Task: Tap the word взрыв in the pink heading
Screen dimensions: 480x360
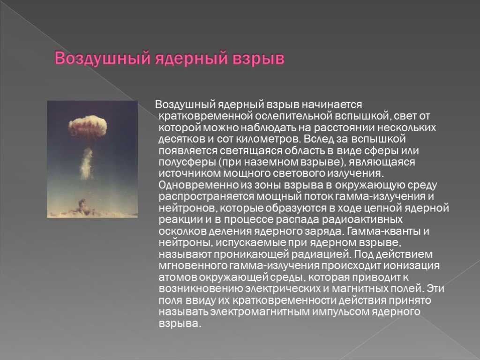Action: [x=259, y=58]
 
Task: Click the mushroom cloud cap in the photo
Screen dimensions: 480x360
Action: [x=88, y=126]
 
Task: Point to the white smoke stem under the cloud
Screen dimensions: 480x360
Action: [x=86, y=164]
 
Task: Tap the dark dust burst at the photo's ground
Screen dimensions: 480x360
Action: [x=82, y=207]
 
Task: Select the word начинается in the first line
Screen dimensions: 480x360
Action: [x=332, y=105]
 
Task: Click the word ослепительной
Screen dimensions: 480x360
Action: [x=293, y=116]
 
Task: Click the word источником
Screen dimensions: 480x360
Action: [x=189, y=173]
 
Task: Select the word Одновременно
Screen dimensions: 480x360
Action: [x=198, y=185]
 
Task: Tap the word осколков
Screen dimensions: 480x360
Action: [x=182, y=231]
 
